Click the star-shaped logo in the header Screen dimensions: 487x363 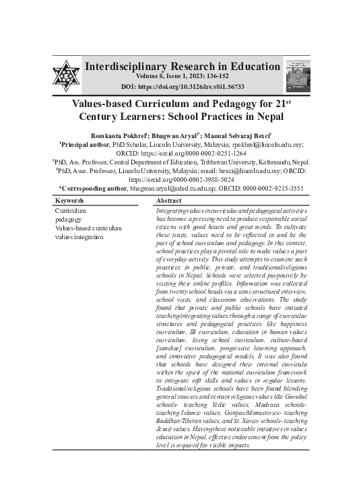point(66,75)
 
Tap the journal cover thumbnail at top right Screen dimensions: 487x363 point(298,75)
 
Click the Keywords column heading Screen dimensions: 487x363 point(69,201)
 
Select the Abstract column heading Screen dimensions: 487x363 point(168,201)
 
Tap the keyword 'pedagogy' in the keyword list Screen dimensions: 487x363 point(69,220)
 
